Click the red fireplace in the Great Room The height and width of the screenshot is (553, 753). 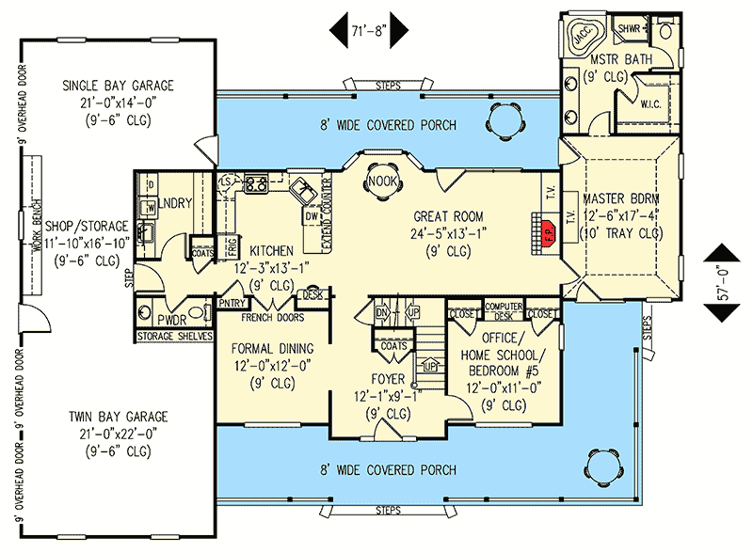tap(548, 233)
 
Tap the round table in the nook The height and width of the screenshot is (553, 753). tap(383, 182)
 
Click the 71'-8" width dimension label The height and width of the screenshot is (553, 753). tap(369, 31)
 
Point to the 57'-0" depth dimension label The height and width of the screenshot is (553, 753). tap(722, 283)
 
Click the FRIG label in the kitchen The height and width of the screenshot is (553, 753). tap(232, 247)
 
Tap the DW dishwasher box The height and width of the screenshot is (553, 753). tap(312, 216)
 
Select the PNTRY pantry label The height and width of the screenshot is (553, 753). tap(232, 304)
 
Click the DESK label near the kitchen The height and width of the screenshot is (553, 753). tap(313, 294)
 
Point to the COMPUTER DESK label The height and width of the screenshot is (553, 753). tap(504, 311)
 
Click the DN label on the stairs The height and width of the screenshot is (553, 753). tap(381, 313)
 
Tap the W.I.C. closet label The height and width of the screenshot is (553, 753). tap(650, 104)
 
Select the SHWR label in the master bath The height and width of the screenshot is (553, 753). tap(629, 29)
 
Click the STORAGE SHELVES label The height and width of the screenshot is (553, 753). tap(175, 337)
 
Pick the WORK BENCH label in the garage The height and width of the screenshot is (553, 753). tap(37, 226)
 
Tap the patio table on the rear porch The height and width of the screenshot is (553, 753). tap(506, 119)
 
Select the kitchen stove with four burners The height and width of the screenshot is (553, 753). tap(256, 184)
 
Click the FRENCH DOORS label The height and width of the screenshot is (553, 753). tap(272, 318)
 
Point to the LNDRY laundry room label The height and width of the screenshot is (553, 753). tap(175, 203)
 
